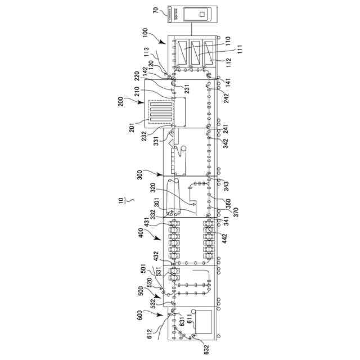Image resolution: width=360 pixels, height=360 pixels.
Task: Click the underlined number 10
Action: [119, 201]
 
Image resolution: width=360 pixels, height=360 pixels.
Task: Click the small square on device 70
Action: [200, 15]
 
